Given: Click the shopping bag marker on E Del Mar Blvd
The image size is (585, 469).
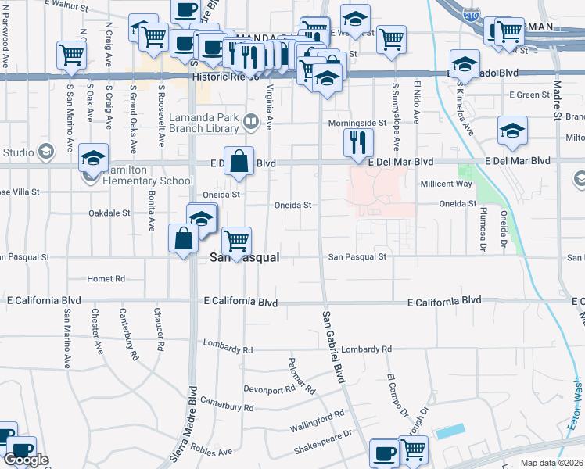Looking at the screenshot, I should coord(239,162).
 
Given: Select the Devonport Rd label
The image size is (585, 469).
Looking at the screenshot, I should coord(267,388).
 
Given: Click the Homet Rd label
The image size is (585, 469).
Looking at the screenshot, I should coord(106,278).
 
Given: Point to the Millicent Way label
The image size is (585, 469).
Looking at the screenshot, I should coord(447,183).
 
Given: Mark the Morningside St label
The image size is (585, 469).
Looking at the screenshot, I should coord(357,124).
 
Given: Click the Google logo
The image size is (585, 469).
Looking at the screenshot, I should coord(26,460).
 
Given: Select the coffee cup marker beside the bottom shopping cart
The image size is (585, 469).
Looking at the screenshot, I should coord(384,453).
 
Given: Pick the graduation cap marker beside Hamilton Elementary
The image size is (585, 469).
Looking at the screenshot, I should coord(93,159).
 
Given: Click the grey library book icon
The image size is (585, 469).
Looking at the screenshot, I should coord(250,120).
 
